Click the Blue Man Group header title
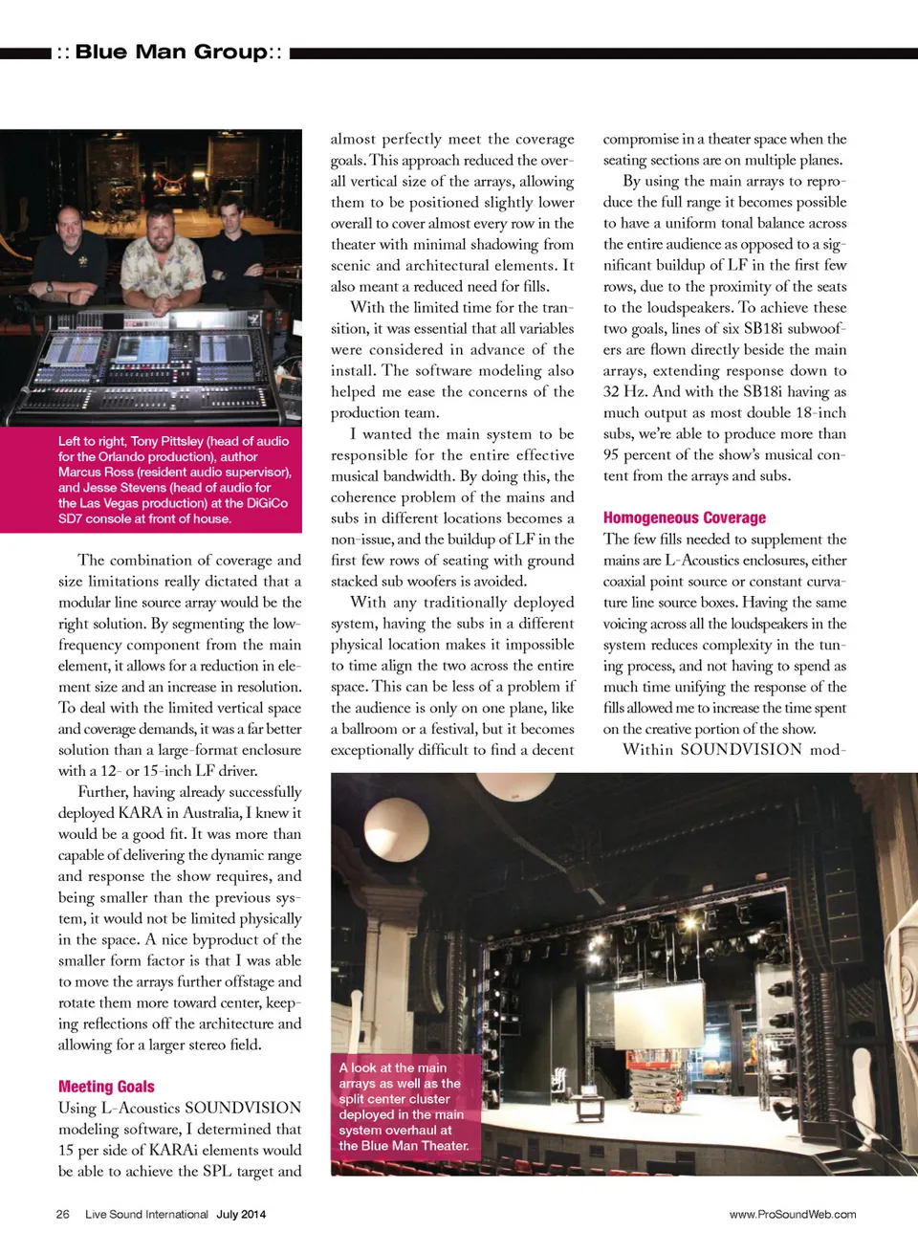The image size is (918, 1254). (170, 53)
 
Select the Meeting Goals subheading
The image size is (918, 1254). (106, 1087)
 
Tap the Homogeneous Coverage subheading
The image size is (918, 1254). (684, 517)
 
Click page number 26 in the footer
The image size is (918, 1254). (63, 1215)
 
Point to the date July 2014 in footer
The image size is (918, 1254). (241, 1215)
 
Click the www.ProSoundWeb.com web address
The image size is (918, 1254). (792, 1215)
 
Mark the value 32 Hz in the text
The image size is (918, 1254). (626, 392)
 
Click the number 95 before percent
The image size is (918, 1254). (610, 455)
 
